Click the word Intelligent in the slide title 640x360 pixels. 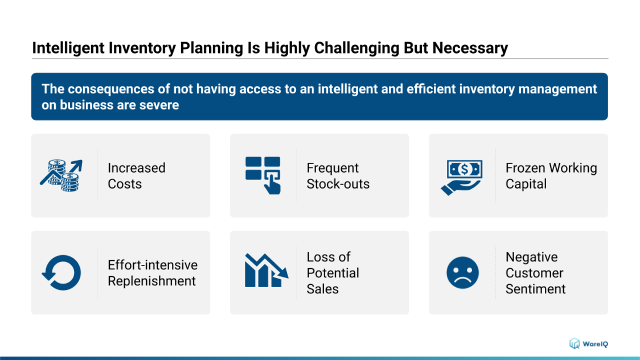pyautogui.click(x=68, y=48)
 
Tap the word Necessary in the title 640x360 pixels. pyautogui.click(x=470, y=48)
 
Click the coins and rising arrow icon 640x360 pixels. pyautogui.click(x=61, y=175)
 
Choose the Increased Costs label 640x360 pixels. pyautogui.click(x=136, y=176)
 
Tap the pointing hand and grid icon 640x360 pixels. pyautogui.click(x=263, y=175)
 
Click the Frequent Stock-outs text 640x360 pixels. pyautogui.click(x=338, y=176)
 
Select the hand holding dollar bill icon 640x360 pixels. pyautogui.click(x=462, y=177)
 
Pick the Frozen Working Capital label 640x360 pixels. pyautogui.click(x=551, y=176)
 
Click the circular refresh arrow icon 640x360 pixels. pyautogui.click(x=61, y=273)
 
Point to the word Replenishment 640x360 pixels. pyautogui.click(x=151, y=281)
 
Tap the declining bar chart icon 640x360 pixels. pyautogui.click(x=266, y=270)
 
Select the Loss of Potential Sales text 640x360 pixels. pyautogui.click(x=333, y=273)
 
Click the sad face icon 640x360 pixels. pyautogui.click(x=462, y=273)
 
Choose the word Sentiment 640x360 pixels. pyautogui.click(x=535, y=289)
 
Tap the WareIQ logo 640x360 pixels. pyautogui.click(x=589, y=343)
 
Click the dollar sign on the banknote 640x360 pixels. pyautogui.click(x=465, y=169)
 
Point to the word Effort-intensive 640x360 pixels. pyautogui.click(x=152, y=265)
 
